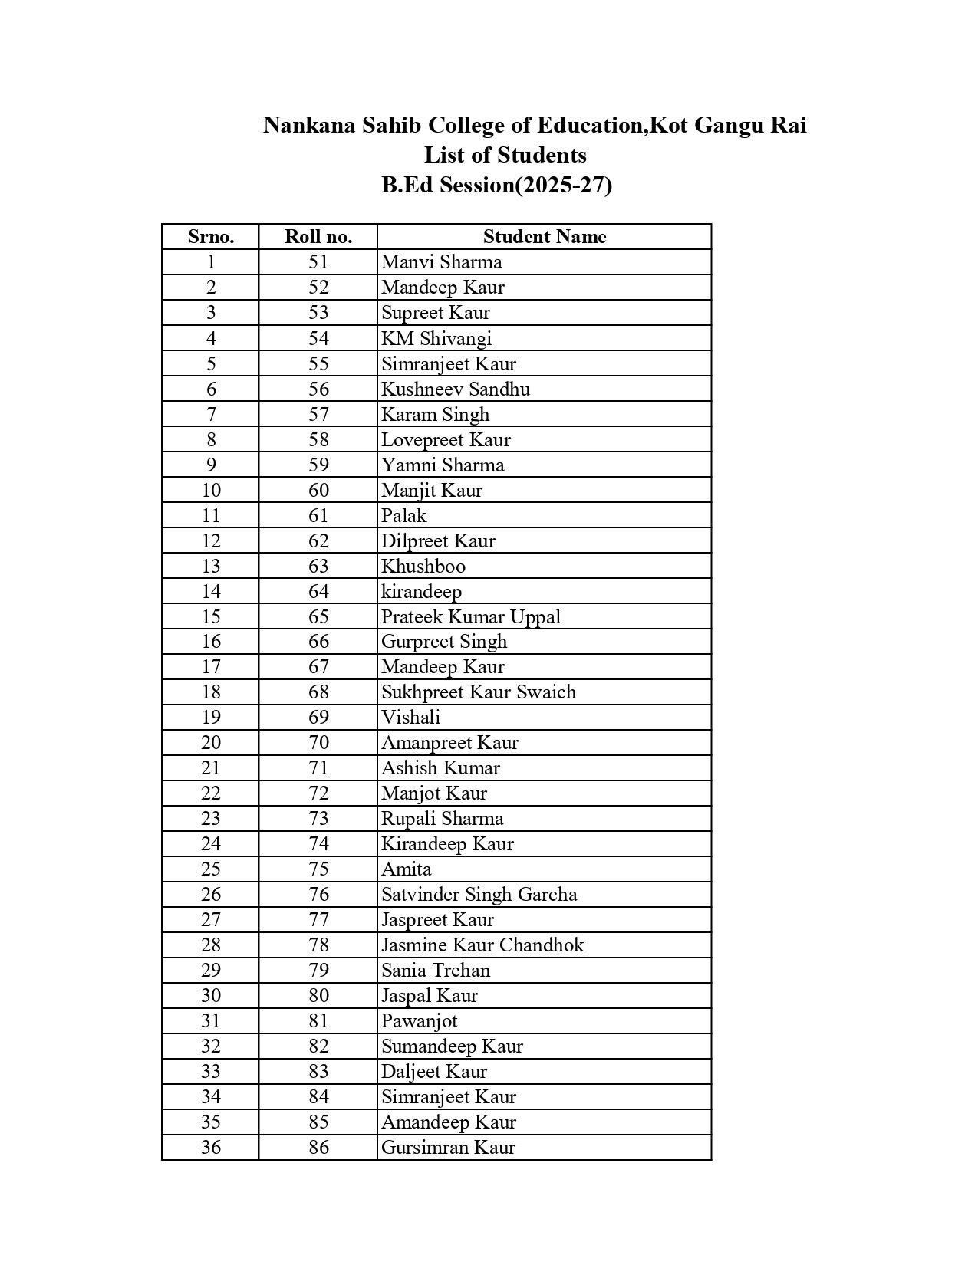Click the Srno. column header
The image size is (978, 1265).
tap(211, 237)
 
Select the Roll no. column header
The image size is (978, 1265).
tap(318, 237)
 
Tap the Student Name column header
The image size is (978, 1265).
tap(545, 237)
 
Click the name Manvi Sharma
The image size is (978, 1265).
tap(442, 262)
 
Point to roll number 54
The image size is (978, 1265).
tap(318, 338)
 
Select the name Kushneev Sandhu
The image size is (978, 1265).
tap(456, 389)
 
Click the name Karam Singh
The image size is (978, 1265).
tap(435, 415)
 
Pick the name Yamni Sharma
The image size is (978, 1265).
tap(443, 465)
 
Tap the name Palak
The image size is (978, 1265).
tap(403, 516)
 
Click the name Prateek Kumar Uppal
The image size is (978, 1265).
tap(471, 617)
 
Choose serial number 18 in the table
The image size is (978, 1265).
tap(211, 692)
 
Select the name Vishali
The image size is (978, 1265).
tap(411, 718)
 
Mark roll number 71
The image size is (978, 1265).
tap(318, 768)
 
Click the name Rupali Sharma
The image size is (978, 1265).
tap(443, 819)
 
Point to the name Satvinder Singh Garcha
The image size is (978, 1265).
tap(479, 895)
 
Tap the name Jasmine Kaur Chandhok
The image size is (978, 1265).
tap(482, 945)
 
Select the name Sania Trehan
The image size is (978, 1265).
tap(436, 971)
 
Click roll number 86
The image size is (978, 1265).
tap(318, 1148)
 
